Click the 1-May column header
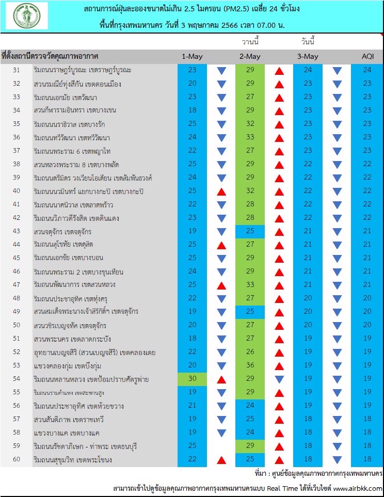pyautogui.click(x=192, y=56)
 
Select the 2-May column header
pyautogui.click(x=250, y=56)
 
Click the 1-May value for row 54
pyautogui.click(x=192, y=379)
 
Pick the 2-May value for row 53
pyautogui.click(x=250, y=366)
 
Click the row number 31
pyautogui.click(x=17, y=70)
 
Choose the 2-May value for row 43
pyautogui.click(x=250, y=231)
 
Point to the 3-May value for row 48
pyautogui.click(x=308, y=298)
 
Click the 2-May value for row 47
pyautogui.click(x=250, y=285)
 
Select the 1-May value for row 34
pyautogui.click(x=192, y=110)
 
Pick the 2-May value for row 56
pyautogui.click(x=250, y=406)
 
